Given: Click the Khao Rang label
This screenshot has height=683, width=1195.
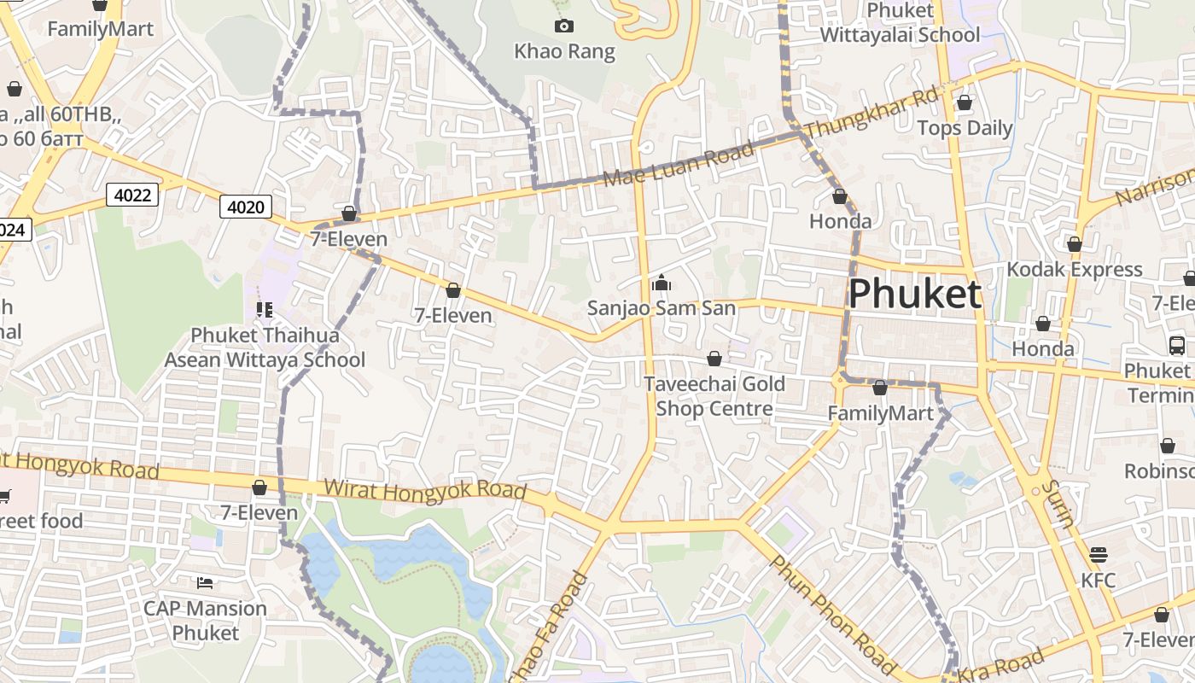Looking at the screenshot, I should pos(564,51).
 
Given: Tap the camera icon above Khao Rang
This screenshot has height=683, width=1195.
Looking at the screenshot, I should pos(563,26).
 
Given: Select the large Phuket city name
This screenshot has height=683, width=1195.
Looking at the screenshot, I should pos(914,294).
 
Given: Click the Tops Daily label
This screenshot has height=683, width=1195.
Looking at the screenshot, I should pos(964,128).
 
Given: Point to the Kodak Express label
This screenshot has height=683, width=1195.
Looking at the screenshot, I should pos(1074,269).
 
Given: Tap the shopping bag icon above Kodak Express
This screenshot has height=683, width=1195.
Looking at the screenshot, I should pos(1074,245).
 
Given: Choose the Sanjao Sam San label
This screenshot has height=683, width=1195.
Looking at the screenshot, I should pos(661,307).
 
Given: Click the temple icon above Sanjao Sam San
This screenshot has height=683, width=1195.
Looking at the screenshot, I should pos(661,283).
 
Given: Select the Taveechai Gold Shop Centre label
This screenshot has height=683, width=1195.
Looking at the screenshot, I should pos(714,396).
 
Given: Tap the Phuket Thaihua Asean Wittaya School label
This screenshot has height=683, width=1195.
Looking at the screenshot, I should pos(265,347).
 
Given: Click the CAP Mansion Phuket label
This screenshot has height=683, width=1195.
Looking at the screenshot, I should pos(205,621).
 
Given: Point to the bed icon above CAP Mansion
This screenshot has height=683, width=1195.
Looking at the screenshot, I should pos(205,583).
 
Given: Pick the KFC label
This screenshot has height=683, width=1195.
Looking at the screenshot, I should pos(1098,580).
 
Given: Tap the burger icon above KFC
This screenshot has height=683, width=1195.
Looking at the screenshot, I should pos(1098,555).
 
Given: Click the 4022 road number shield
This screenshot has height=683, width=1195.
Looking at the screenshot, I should pos(132,196).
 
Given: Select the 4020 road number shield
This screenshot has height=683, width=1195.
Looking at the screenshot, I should pos(246,207).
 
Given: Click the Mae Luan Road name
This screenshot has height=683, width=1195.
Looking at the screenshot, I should pos(679,165).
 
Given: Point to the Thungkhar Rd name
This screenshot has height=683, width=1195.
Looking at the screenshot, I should pos(871,111).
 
